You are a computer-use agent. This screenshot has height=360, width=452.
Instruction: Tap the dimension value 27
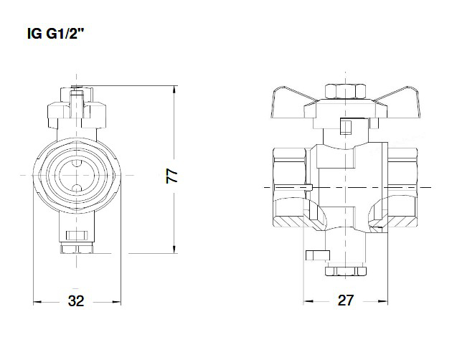(x=345, y=301)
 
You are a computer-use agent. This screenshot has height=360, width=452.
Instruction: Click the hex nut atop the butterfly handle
(x=344, y=92)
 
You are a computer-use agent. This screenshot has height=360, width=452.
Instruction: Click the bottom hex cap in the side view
(x=344, y=270)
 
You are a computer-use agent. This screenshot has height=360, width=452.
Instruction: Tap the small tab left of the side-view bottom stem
(x=315, y=255)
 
